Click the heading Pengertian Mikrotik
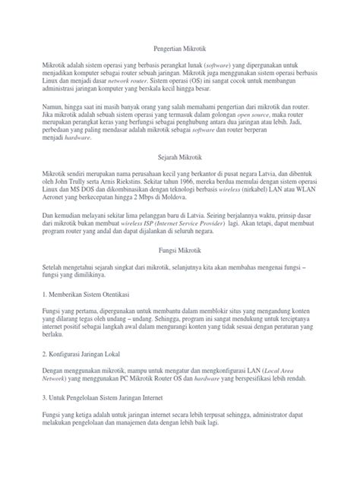180,47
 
